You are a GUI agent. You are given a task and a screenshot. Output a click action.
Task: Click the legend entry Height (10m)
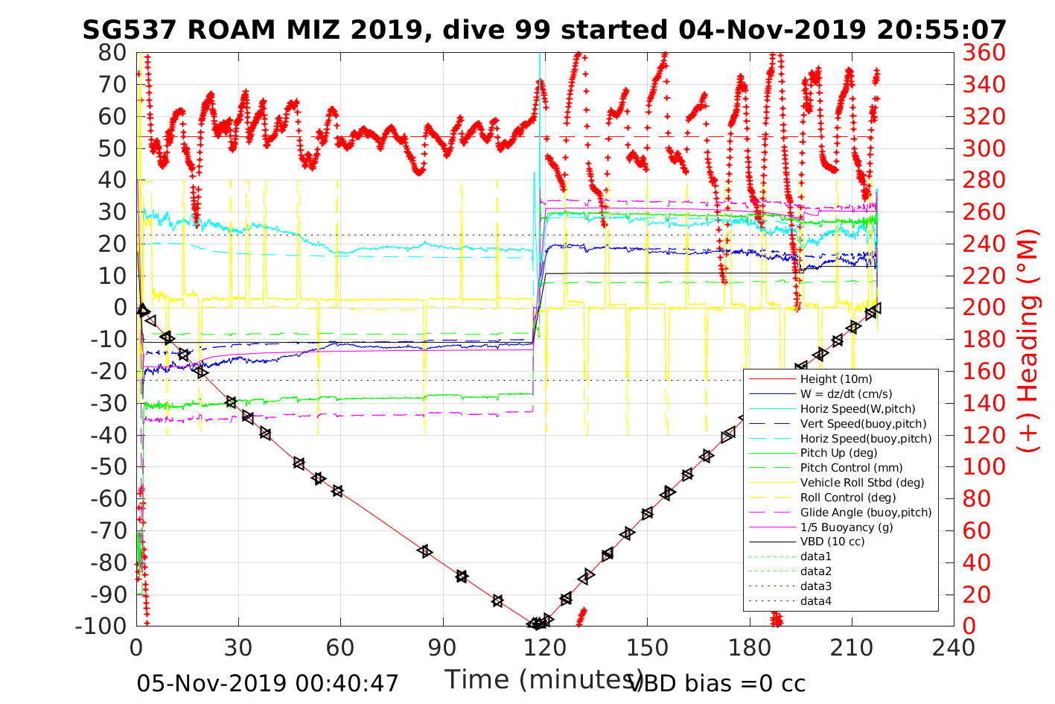pos(835,379)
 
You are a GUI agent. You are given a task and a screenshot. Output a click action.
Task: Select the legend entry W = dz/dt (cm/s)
pos(846,394)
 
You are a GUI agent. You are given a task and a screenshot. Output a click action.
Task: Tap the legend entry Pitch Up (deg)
pos(838,453)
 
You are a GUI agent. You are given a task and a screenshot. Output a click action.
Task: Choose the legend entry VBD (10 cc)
pos(832,542)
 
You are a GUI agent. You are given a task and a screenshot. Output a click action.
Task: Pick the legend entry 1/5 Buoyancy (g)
pos(847,527)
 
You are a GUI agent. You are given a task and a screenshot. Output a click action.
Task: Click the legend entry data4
pos(816,601)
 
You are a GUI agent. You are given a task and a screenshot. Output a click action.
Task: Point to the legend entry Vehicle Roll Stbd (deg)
pos(862,483)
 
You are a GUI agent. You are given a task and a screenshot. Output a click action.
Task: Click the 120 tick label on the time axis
pos(545,647)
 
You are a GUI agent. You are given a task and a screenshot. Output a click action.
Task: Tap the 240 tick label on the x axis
pos(953,647)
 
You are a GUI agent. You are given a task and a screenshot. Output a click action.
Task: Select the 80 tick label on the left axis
pos(112,53)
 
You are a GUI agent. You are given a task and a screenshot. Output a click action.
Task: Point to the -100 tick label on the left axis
pos(101,626)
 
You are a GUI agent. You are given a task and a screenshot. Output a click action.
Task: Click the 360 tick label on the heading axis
pos(984,53)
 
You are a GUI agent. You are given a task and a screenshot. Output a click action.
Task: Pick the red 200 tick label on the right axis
pos(984,308)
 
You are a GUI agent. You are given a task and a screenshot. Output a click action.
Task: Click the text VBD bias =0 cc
pos(717,682)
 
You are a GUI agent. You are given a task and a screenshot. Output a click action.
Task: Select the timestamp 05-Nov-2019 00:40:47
pos(268,682)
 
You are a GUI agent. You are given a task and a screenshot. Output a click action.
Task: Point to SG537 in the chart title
pos(130,30)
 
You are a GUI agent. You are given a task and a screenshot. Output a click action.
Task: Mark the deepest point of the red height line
pos(536,625)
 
